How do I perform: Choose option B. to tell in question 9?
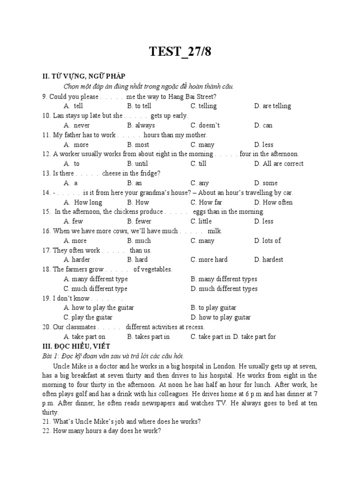(139, 106)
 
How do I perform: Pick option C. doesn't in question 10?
(205, 125)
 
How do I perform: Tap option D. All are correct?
(278, 164)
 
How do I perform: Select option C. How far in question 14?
(206, 202)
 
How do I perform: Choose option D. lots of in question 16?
(267, 240)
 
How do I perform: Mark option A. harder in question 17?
(77, 260)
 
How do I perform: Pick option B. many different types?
(224, 279)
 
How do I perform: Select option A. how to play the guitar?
(98, 308)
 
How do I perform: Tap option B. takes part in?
(148, 337)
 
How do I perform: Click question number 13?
(46, 173)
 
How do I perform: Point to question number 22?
(46, 431)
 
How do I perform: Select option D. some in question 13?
(266, 183)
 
